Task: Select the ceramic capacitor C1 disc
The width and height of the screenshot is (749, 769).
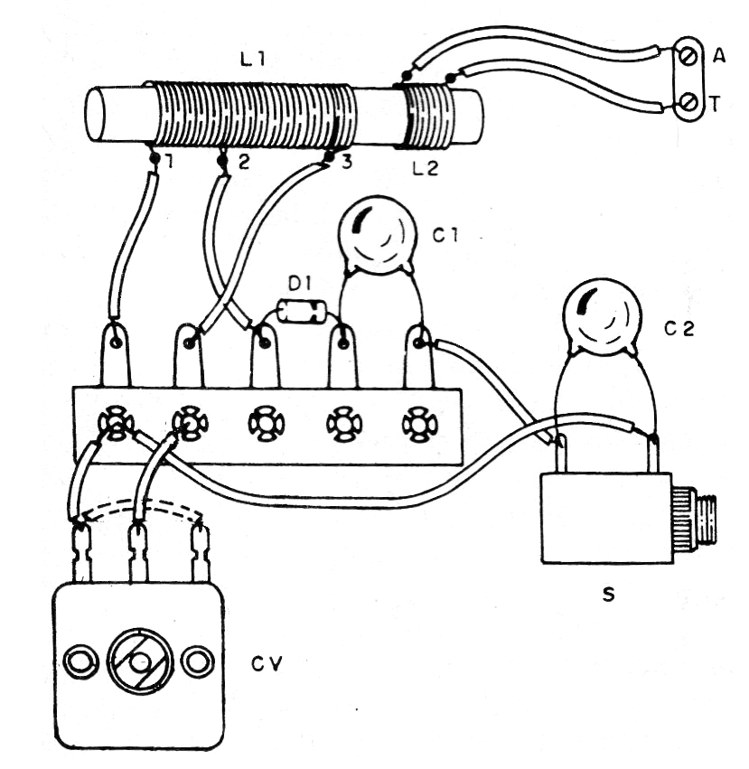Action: point(375,236)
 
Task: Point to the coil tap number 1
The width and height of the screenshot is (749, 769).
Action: point(166,163)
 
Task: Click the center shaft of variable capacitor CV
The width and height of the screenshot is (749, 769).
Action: point(138,662)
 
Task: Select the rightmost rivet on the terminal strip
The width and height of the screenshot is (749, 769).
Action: point(417,422)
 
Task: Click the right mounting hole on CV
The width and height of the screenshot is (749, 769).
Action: point(195,661)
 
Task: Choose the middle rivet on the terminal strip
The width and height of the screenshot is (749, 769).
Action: point(266,422)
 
